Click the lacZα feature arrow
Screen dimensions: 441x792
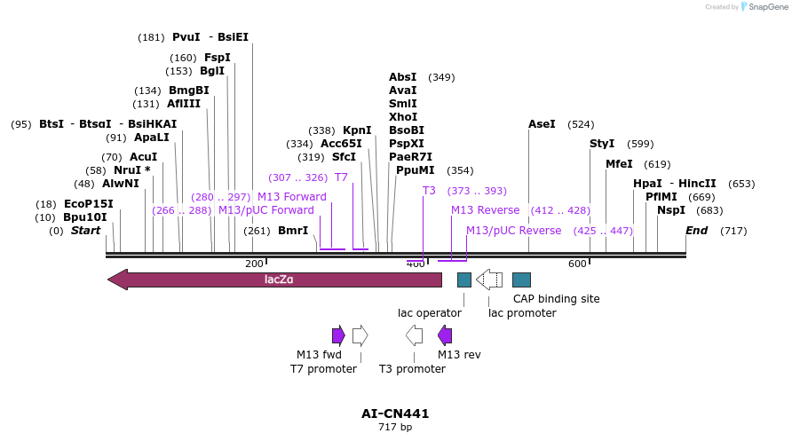pyautogui.click(x=275, y=280)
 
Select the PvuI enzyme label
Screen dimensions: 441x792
pyautogui.click(x=186, y=37)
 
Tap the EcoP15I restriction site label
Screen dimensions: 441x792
pyautogui.click(x=89, y=204)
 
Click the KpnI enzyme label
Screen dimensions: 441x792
pyautogui.click(x=357, y=130)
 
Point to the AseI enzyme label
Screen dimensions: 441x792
pyautogui.click(x=542, y=124)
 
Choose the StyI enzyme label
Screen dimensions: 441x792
pyautogui.click(x=602, y=144)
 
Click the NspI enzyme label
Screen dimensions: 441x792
pyautogui.click(x=671, y=210)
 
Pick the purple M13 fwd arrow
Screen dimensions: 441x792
pyautogui.click(x=338, y=335)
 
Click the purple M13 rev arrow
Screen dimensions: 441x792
pyautogui.click(x=445, y=335)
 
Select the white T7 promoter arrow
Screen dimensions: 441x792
pyautogui.click(x=360, y=335)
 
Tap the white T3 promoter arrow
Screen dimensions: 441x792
pyautogui.click(x=414, y=335)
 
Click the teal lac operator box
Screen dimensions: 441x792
pyautogui.click(x=464, y=280)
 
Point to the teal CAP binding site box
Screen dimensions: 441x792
pyautogui.click(x=522, y=280)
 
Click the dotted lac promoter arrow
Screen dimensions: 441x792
pyautogui.click(x=489, y=280)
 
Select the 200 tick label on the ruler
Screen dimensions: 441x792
pyautogui.click(x=254, y=264)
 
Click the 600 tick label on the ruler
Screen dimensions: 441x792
pyautogui.click(x=578, y=264)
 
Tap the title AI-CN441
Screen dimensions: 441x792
pyautogui.click(x=395, y=413)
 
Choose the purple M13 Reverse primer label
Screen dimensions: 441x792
pyautogui.click(x=485, y=210)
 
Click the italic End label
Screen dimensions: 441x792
pyautogui.click(x=697, y=231)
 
